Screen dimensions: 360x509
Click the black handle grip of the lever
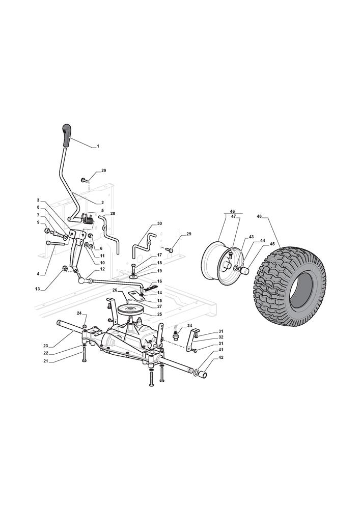[x=67, y=135]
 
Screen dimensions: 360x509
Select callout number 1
[x=98, y=147]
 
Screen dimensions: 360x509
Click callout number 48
[x=259, y=216]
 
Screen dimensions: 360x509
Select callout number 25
[x=159, y=314]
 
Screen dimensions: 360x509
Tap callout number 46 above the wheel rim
[x=232, y=211]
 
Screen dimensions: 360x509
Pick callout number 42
[x=221, y=357]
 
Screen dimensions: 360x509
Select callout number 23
[x=45, y=346]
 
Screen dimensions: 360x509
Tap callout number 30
[x=159, y=223]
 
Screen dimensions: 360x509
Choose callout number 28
[x=113, y=213]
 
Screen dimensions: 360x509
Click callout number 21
[x=45, y=361]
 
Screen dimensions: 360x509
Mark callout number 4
[x=38, y=274]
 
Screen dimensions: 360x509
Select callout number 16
[x=159, y=281]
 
